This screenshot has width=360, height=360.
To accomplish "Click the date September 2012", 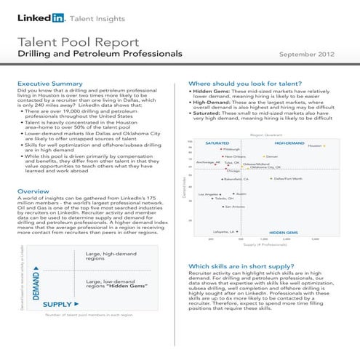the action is coord(307,55).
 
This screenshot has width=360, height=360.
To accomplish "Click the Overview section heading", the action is coord(32,191).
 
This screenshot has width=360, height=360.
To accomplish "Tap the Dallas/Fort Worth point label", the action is coord(294,178).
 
